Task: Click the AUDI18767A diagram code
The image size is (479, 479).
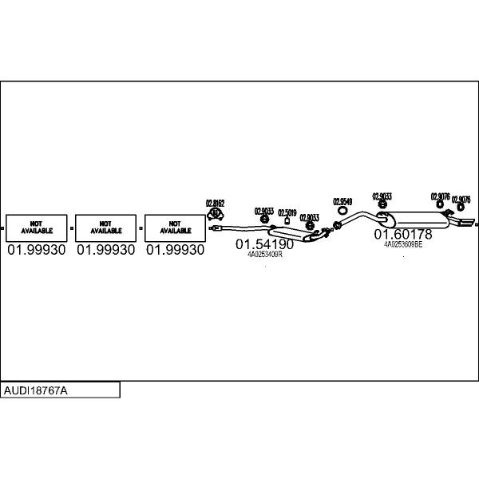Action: point(35,390)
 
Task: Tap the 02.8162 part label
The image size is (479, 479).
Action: point(215,203)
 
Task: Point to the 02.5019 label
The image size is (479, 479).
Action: point(287,212)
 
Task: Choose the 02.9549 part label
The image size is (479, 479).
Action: point(342,201)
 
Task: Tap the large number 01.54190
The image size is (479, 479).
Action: point(266,244)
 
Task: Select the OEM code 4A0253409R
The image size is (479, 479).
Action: point(265,255)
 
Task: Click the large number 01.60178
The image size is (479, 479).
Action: point(403,235)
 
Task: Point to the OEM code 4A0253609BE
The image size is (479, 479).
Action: point(403,245)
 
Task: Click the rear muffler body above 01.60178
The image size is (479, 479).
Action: point(419,217)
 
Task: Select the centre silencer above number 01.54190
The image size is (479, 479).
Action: point(292,234)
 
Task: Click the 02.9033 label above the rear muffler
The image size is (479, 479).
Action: point(382,196)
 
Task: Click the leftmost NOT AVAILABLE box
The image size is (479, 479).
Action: point(37,228)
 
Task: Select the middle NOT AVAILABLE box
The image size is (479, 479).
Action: point(106,228)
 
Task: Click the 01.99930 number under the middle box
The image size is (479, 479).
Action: point(105,250)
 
